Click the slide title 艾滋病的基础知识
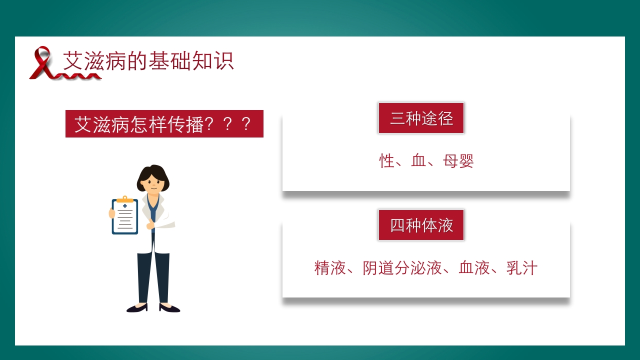[148, 61]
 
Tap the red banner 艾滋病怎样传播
[164, 124]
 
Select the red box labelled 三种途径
[421, 118]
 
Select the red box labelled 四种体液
[421, 225]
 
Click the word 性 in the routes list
[387, 161]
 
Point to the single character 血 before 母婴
[418, 161]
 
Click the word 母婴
[458, 161]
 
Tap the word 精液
[330, 268]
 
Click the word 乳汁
[521, 268]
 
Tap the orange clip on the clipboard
[124, 199]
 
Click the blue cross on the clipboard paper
[124, 205]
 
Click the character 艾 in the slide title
[72, 61]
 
